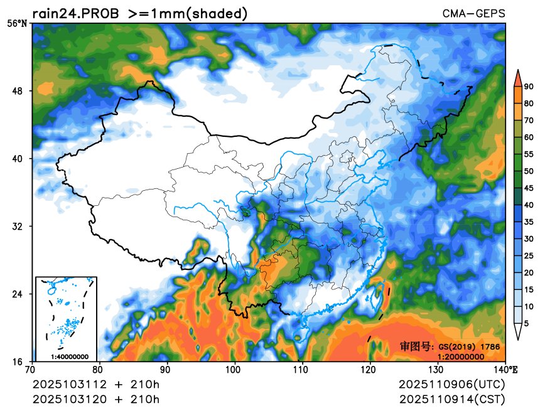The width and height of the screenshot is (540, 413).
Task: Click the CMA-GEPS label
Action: pyautogui.click(x=473, y=14)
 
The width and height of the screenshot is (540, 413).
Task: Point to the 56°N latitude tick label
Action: pyautogui.click(x=17, y=24)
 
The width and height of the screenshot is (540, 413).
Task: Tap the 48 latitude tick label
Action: pyautogui.click(x=18, y=91)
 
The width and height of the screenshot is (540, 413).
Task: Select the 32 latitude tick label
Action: pyautogui.click(x=18, y=227)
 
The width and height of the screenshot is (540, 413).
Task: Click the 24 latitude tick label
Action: pyautogui.click(x=18, y=294)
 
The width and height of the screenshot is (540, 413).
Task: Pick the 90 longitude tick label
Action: pyautogui.click(x=166, y=370)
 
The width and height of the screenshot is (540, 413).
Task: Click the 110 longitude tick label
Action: pyautogui.click(x=302, y=370)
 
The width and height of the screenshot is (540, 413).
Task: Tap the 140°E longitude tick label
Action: pyautogui.click(x=504, y=370)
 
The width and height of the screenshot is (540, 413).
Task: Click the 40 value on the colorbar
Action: pyautogui.click(x=529, y=205)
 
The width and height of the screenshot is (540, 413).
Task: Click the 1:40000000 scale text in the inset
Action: pyautogui.click(x=69, y=357)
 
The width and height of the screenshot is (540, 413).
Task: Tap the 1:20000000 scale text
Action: pyautogui.click(x=460, y=357)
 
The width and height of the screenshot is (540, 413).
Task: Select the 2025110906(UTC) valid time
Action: pyautogui.click(x=451, y=384)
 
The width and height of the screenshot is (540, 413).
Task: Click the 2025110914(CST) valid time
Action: pyautogui.click(x=451, y=399)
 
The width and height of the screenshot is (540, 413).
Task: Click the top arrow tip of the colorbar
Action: pyautogui.click(x=518, y=71)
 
